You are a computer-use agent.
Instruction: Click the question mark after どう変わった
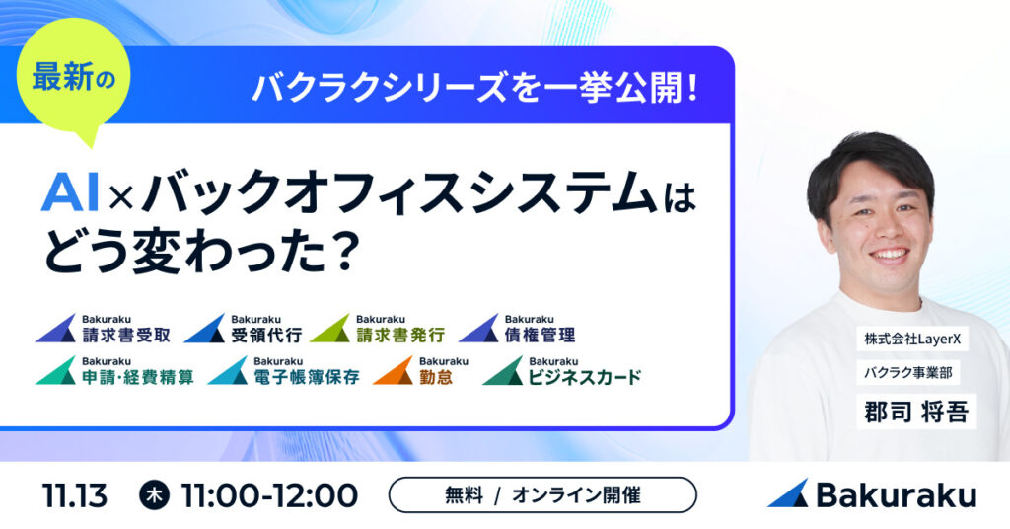click(x=339, y=254)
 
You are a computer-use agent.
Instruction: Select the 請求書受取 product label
click(x=125, y=334)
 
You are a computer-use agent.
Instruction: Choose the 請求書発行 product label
click(x=399, y=334)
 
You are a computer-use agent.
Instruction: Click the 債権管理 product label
click(x=539, y=334)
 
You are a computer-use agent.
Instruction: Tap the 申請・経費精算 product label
click(x=137, y=376)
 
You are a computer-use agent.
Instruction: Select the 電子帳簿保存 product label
click(x=303, y=376)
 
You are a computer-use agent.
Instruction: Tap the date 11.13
click(x=75, y=495)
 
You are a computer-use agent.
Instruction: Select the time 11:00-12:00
click(x=269, y=495)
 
